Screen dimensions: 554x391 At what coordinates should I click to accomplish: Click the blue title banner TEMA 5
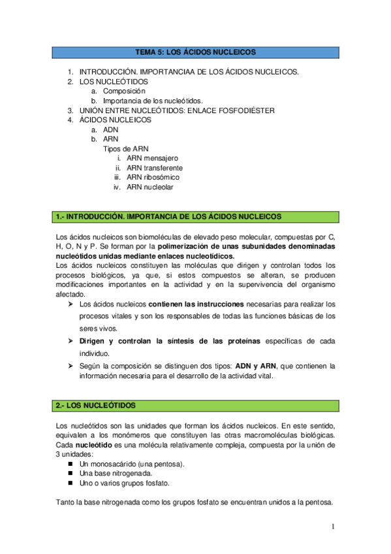coord(195,51)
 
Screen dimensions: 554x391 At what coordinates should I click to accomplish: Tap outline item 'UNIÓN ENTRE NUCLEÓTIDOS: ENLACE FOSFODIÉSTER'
coord(176,110)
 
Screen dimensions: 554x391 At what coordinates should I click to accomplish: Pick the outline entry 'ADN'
coord(111,129)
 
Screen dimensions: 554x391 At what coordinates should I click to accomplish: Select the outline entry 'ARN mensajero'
coord(152,158)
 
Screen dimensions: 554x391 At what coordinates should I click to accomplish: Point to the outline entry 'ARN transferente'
coord(155,168)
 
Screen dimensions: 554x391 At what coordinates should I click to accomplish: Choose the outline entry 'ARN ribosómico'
coord(153,177)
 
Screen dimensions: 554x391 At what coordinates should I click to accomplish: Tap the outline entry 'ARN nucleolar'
coord(150,187)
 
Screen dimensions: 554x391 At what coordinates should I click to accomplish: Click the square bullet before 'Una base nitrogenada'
coord(70,474)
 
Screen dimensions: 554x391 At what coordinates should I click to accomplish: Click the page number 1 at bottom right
coord(333,527)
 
